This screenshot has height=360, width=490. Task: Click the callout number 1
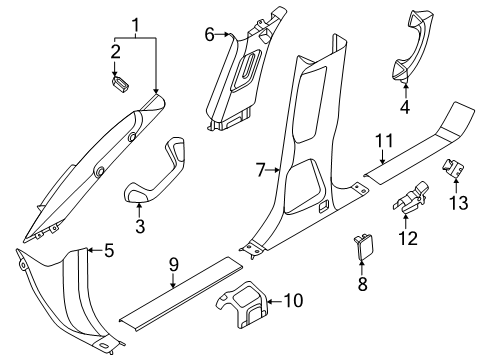pyautogui.click(x=135, y=26)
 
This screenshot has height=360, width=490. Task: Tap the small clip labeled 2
pyautogui.click(x=120, y=85)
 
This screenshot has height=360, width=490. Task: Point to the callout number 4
pyautogui.click(x=405, y=107)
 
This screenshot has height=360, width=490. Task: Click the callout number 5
pyautogui.click(x=109, y=250)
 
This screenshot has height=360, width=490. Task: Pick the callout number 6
pyautogui.click(x=209, y=34)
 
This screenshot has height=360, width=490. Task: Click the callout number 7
pyautogui.click(x=260, y=170)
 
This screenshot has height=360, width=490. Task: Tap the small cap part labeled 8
pyautogui.click(x=364, y=246)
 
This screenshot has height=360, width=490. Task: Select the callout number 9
pyautogui.click(x=174, y=266)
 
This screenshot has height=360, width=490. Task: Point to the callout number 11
pyautogui.click(x=384, y=141)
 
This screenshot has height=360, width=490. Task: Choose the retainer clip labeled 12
pyautogui.click(x=410, y=198)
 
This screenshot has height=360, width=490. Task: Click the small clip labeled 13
pyautogui.click(x=453, y=168)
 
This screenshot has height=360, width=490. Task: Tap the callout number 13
pyautogui.click(x=459, y=202)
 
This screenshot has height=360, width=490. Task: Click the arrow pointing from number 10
pyautogui.click(x=275, y=301)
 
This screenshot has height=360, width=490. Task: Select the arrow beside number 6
pyautogui.click(x=223, y=34)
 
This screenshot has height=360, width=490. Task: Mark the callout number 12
pyautogui.click(x=408, y=238)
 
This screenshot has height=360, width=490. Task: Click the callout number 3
pyautogui.click(x=140, y=226)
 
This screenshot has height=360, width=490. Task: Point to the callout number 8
pyautogui.click(x=362, y=284)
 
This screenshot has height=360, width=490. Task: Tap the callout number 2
pyautogui.click(x=115, y=52)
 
